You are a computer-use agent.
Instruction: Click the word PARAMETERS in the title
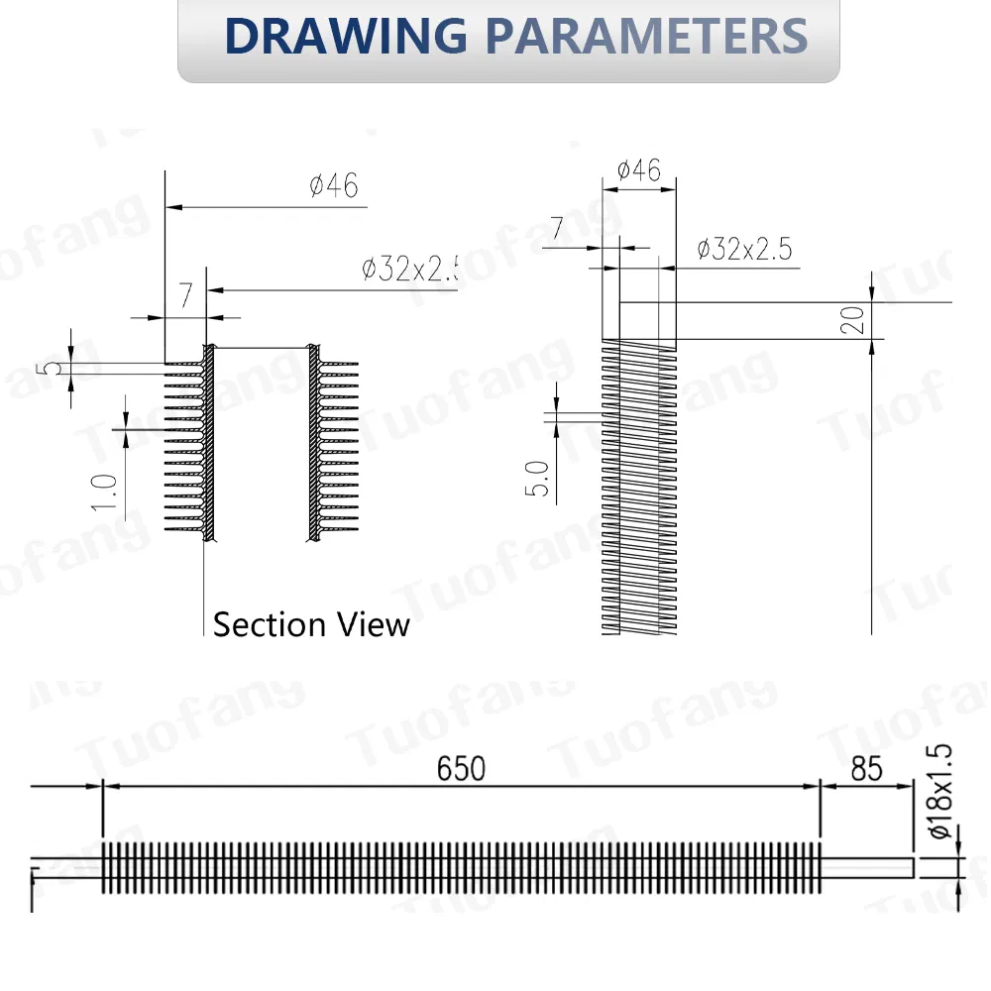point(646,36)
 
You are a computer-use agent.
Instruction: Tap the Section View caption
point(311,624)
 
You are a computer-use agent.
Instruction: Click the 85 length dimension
point(866,768)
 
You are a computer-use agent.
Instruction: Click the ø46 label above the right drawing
point(638,170)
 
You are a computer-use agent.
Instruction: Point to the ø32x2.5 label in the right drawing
point(744,249)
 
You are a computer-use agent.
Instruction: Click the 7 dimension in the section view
point(185,294)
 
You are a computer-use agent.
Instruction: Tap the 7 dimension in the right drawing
point(557,229)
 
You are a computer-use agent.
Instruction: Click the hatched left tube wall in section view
point(209,446)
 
